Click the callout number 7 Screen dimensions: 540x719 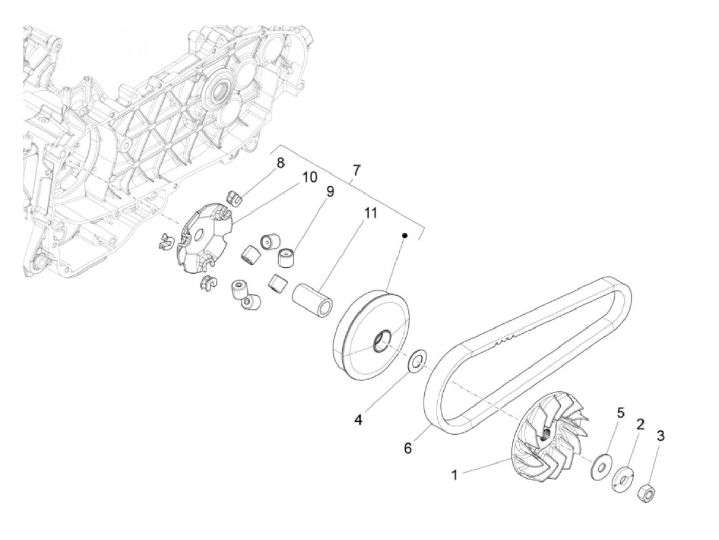point(356,170)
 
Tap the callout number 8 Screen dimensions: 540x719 point(280,164)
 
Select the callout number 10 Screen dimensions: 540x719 point(309,178)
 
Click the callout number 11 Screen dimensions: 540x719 point(371,213)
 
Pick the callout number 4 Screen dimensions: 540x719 point(358,419)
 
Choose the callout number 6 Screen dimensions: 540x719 point(408,448)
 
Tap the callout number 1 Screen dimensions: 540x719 point(455,475)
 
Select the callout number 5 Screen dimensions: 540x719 point(620,413)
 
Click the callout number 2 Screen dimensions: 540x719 point(640,425)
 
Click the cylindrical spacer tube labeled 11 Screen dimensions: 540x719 point(313,303)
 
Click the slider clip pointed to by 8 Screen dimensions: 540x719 point(234,197)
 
